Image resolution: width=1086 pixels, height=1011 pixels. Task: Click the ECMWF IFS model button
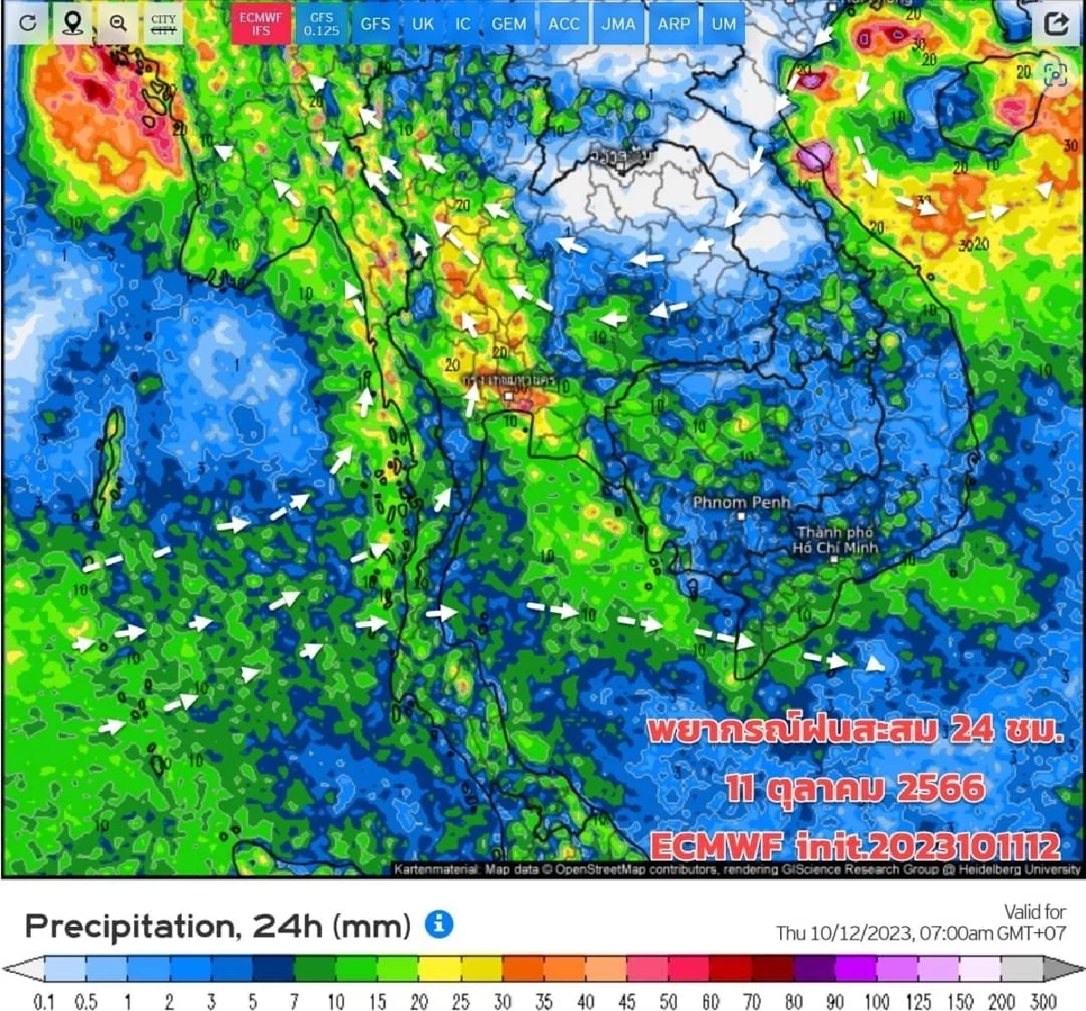click(x=261, y=24)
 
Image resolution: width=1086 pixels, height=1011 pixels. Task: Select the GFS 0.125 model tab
click(x=321, y=24)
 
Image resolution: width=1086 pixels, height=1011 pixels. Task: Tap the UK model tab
click(x=423, y=24)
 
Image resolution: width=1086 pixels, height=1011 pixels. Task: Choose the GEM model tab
click(x=509, y=24)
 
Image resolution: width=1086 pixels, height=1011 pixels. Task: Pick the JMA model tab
click(x=618, y=24)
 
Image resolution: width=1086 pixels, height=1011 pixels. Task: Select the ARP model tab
click(x=673, y=24)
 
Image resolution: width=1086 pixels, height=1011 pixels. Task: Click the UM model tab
click(x=724, y=24)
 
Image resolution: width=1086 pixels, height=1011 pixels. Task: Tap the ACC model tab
click(x=563, y=24)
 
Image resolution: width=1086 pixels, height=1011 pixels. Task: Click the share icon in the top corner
click(x=1056, y=24)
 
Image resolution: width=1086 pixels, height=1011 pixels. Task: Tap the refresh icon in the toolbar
click(x=28, y=24)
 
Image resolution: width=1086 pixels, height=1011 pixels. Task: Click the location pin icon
click(x=72, y=24)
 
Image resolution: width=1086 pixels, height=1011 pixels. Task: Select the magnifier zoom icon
click(x=118, y=24)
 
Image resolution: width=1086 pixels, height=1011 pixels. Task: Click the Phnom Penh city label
click(x=741, y=502)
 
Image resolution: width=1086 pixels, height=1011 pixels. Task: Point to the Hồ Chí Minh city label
click(x=834, y=540)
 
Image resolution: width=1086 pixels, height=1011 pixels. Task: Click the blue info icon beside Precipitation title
click(x=439, y=924)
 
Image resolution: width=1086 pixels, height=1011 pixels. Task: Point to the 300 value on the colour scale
click(x=1043, y=1001)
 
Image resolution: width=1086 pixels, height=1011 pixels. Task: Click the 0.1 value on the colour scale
click(x=43, y=1001)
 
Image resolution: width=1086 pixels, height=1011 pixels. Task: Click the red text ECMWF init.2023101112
click(x=854, y=846)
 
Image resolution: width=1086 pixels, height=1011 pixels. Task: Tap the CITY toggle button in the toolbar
click(x=164, y=24)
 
